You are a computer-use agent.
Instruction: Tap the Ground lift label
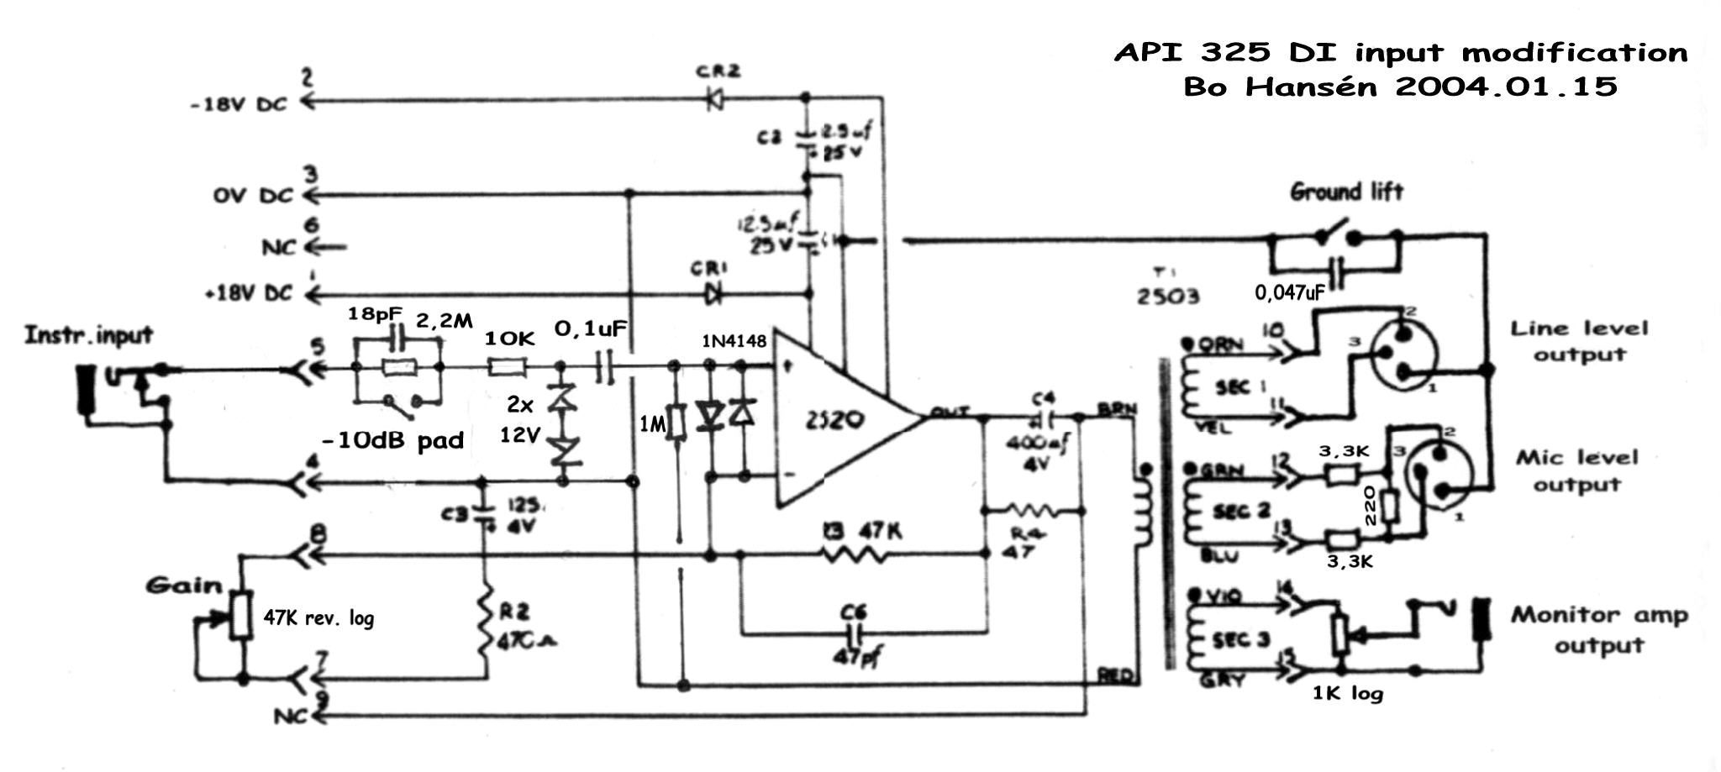(x=1346, y=192)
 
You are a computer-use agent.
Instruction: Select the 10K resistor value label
(x=510, y=338)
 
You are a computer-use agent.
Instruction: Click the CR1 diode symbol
(x=714, y=294)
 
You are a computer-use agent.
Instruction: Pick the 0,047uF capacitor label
(x=1290, y=292)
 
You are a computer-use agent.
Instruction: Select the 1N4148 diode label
(x=734, y=341)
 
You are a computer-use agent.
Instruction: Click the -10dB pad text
(x=392, y=440)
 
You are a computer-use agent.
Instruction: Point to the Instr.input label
(x=88, y=335)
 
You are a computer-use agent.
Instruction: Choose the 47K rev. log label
(x=318, y=618)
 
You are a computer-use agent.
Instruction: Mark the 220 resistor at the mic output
(x=1388, y=507)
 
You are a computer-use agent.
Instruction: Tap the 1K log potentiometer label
(x=1347, y=693)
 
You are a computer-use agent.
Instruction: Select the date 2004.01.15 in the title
(x=1504, y=87)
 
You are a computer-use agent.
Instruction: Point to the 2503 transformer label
(x=1168, y=296)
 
